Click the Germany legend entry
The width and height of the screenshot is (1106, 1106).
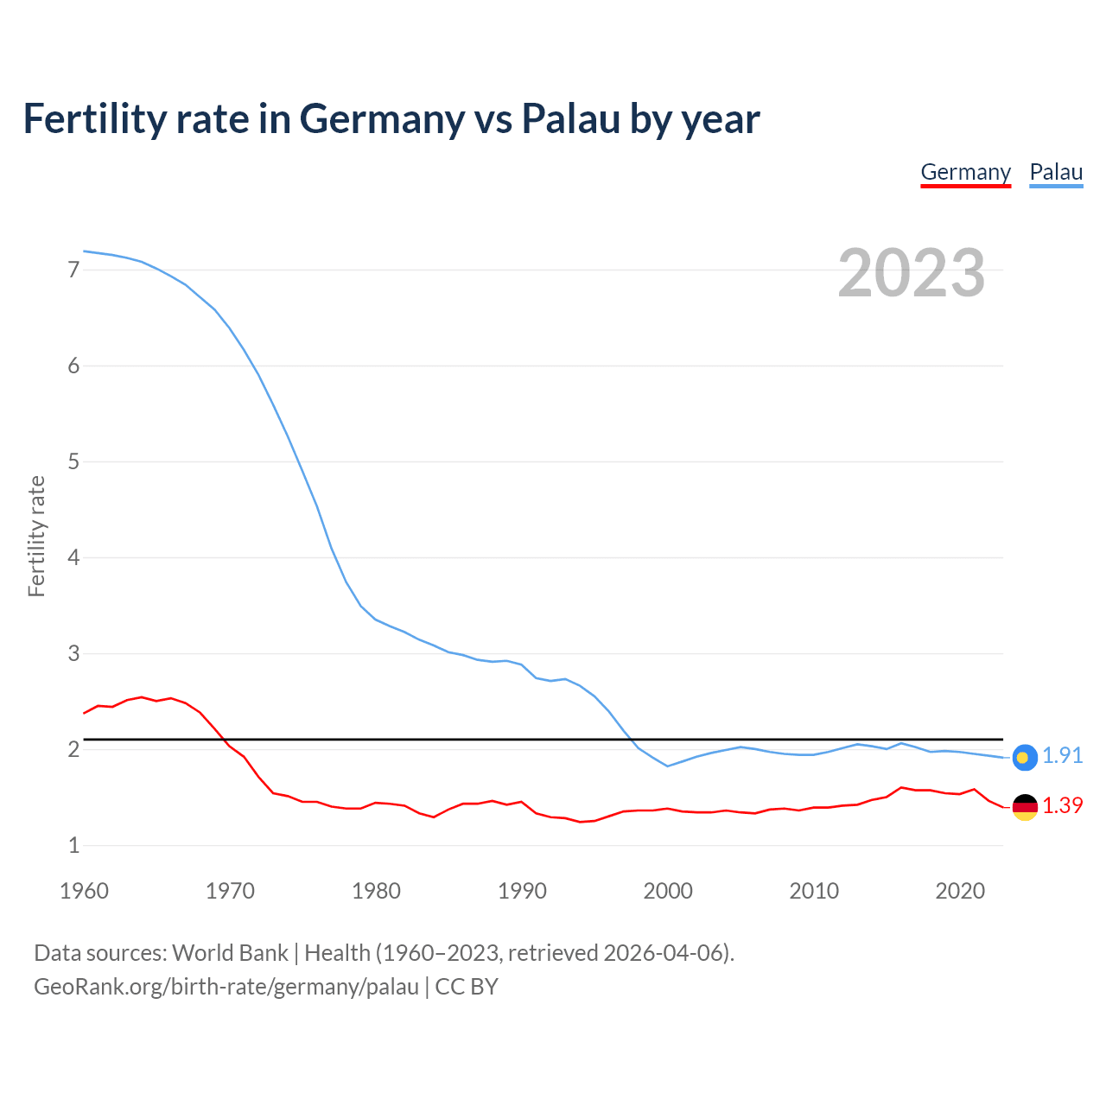(965, 172)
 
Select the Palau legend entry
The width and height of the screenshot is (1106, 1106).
(1056, 172)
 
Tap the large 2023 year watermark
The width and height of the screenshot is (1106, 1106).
(911, 273)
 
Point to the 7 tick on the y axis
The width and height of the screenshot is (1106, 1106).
(73, 270)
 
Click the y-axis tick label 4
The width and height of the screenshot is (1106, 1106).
(73, 557)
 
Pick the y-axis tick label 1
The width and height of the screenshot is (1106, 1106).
(73, 845)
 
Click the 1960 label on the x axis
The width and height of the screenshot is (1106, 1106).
(84, 891)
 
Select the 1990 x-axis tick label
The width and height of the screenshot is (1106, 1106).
(522, 891)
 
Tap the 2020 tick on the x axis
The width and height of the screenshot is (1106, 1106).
(960, 891)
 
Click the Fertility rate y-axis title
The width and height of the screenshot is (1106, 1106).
(36, 536)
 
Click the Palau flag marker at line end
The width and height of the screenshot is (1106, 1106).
(1024, 757)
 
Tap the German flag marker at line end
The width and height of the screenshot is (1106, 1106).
(1024, 806)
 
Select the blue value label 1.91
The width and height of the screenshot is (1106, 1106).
(1062, 755)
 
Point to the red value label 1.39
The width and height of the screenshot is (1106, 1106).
(1062, 805)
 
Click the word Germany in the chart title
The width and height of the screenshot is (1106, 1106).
(381, 118)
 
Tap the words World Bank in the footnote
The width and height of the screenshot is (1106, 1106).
(230, 953)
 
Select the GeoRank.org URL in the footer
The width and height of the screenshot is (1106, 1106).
(226, 987)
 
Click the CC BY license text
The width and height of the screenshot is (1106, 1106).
(467, 987)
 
